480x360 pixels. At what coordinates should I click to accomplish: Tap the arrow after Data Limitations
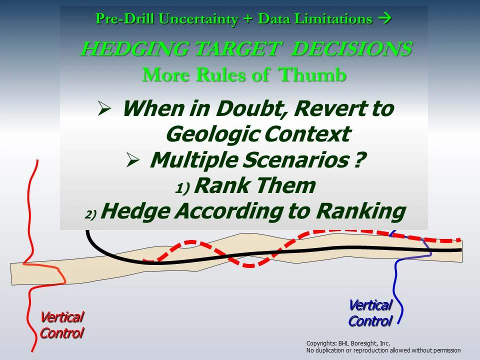(x=384, y=19)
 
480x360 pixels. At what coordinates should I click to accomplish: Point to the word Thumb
(x=312, y=75)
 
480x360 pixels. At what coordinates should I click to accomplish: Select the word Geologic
(x=212, y=134)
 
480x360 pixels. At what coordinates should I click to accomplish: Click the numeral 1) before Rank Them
(x=183, y=188)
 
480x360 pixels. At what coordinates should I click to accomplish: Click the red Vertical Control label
(x=61, y=325)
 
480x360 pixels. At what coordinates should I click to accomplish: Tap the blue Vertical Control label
(x=370, y=313)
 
